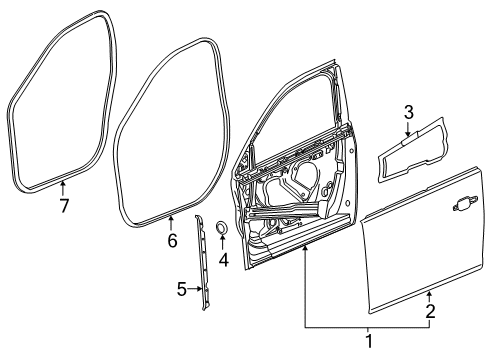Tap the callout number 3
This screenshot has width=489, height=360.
pos(408,111)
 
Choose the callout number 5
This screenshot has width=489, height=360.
pos(181,290)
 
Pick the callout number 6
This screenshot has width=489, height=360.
pos(171,241)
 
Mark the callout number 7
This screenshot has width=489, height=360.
pos(63,206)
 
